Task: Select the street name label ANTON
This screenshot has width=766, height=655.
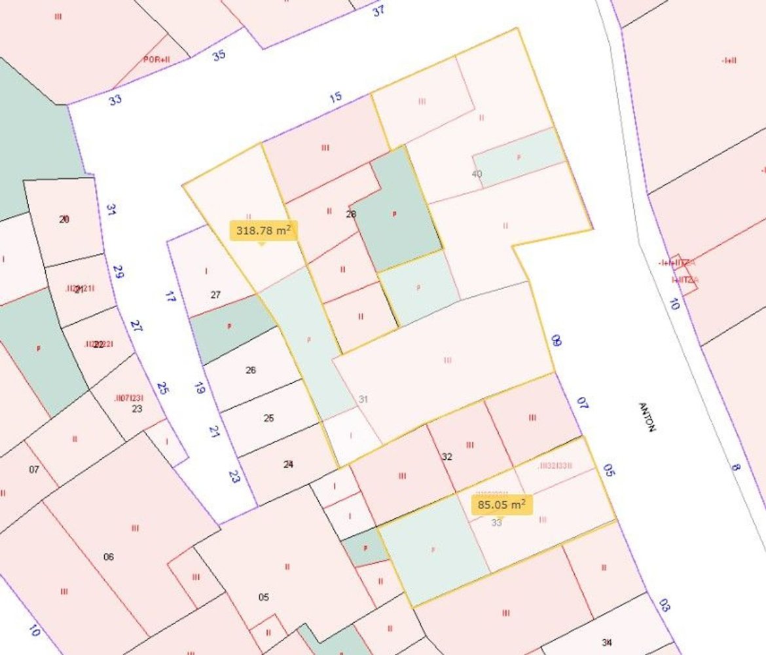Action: pos(647,417)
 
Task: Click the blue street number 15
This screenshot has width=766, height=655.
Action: pos(335,98)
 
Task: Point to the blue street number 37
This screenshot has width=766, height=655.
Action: pos(378,10)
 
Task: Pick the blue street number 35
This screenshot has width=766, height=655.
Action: pos(219,55)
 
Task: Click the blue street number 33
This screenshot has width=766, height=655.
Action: pos(115,100)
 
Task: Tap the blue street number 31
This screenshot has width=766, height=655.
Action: pos(111,210)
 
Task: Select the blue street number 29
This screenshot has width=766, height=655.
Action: pos(118,271)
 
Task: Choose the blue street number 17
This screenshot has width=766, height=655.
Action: pos(170,296)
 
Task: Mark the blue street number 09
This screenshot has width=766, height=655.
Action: pos(556,341)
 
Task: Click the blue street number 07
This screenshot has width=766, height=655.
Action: pos(582,402)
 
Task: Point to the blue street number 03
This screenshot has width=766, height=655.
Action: pos(664,605)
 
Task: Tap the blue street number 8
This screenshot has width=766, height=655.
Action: pos(736,468)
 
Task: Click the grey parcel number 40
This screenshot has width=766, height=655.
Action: pos(477,174)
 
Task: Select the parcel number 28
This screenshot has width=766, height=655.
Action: pos(351,214)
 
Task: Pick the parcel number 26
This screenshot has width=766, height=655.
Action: pos(250,370)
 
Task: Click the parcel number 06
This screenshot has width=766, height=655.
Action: pos(109,557)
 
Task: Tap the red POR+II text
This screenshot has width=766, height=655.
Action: pos(156,59)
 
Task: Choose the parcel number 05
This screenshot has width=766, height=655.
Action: pos(264,597)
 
